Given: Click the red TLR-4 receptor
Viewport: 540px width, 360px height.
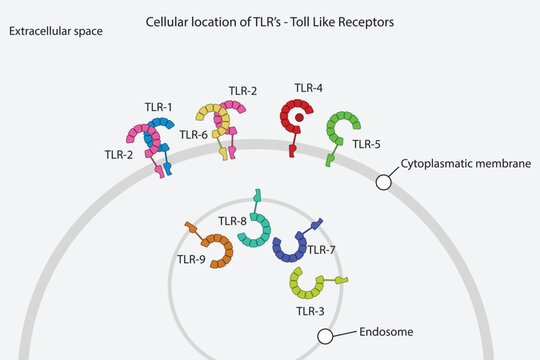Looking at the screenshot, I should click(297, 121).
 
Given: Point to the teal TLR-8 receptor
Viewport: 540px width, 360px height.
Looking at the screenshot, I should click(258, 227).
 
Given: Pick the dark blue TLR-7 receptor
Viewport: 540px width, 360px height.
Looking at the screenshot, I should click(293, 244).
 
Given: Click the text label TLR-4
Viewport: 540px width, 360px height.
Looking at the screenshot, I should click(308, 88).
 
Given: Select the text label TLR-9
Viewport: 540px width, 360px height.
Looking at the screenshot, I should click(191, 260).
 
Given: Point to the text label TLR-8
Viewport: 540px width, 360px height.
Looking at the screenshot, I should click(232, 221).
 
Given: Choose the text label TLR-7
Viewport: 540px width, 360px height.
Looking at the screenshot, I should click(322, 249).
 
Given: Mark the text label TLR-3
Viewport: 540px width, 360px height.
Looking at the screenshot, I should click(310, 311).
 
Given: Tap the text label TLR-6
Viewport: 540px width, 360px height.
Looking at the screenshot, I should click(194, 134).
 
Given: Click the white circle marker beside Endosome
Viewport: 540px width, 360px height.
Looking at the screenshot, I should click(326, 337).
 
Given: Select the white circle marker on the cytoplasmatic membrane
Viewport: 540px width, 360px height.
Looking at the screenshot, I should click(383, 181).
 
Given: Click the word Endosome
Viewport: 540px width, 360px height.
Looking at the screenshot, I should click(384, 331).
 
